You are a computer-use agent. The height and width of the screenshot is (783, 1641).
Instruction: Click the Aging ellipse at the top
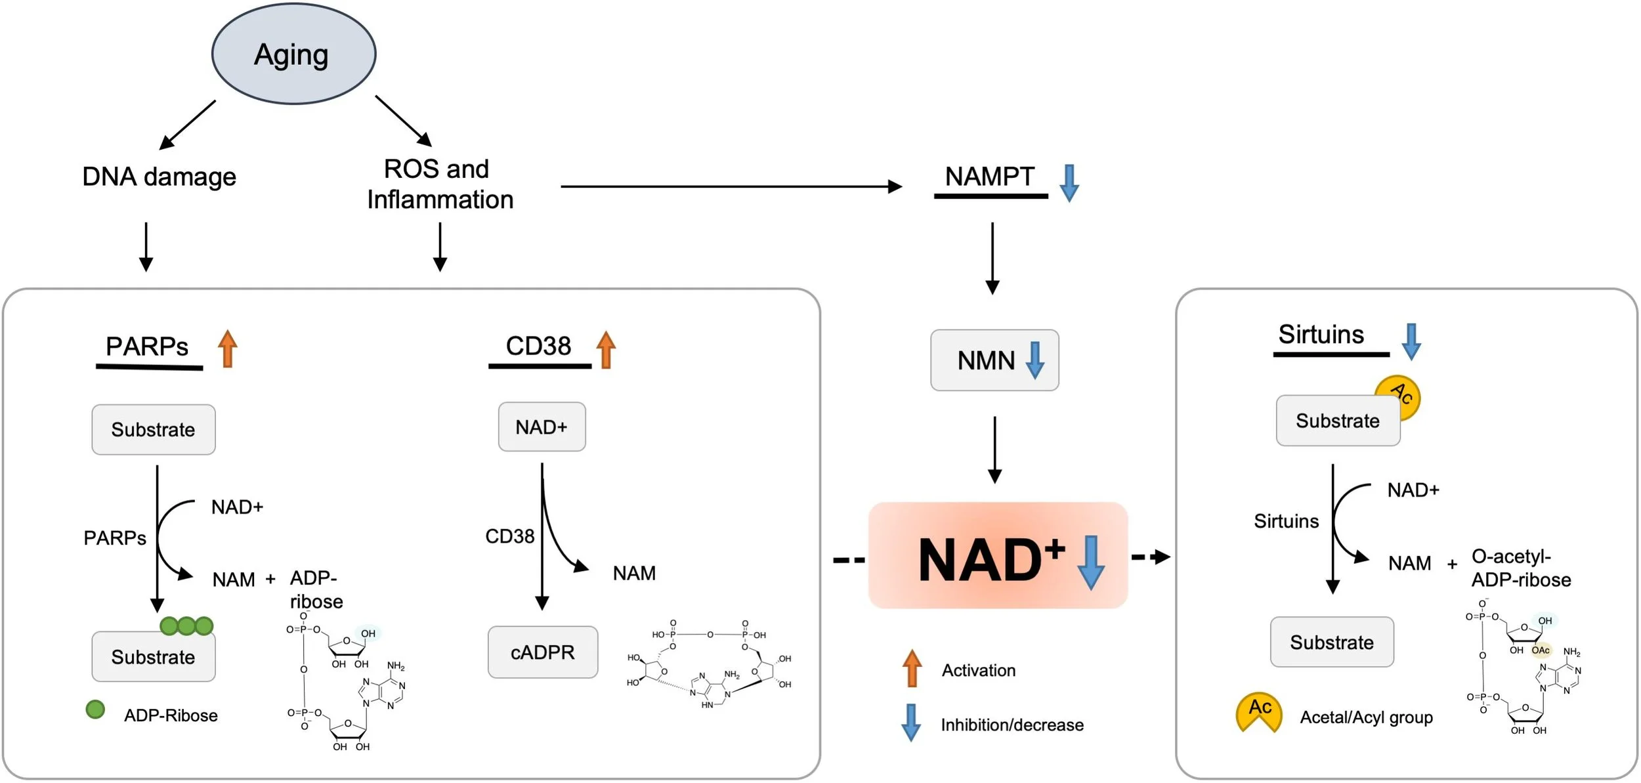(293, 54)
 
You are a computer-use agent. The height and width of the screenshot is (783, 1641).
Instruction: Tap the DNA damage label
(159, 177)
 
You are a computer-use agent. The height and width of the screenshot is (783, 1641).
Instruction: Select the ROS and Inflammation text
(439, 184)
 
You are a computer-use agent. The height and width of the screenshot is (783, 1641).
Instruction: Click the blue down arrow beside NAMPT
(1069, 182)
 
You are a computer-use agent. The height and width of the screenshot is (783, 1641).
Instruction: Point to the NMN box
(994, 360)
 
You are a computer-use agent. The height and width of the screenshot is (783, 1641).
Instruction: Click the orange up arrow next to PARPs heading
(227, 349)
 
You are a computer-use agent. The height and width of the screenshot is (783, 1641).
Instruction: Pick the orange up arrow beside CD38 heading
(606, 349)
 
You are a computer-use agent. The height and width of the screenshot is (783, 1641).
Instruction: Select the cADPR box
(542, 652)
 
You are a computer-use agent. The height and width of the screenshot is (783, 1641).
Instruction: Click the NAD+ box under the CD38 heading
(542, 427)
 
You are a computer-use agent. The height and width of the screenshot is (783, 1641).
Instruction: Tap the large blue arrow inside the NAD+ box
(1090, 562)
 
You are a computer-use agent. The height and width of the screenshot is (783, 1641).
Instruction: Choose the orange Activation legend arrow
(912, 669)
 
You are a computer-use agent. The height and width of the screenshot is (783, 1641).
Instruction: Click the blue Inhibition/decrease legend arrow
(910, 723)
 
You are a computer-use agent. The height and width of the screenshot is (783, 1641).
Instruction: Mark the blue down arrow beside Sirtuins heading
(1411, 341)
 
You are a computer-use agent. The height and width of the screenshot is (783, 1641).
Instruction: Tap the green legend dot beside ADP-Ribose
(95, 709)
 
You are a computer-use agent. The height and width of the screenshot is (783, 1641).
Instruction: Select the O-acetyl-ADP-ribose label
(1520, 568)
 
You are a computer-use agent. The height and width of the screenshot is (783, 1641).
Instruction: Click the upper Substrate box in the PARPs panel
(153, 430)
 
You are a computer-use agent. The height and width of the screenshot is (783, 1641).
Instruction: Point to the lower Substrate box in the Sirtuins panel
(1331, 643)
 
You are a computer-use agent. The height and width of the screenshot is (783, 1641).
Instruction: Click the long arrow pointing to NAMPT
(731, 186)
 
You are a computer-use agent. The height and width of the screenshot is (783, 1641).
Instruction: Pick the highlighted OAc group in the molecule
(1540, 650)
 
